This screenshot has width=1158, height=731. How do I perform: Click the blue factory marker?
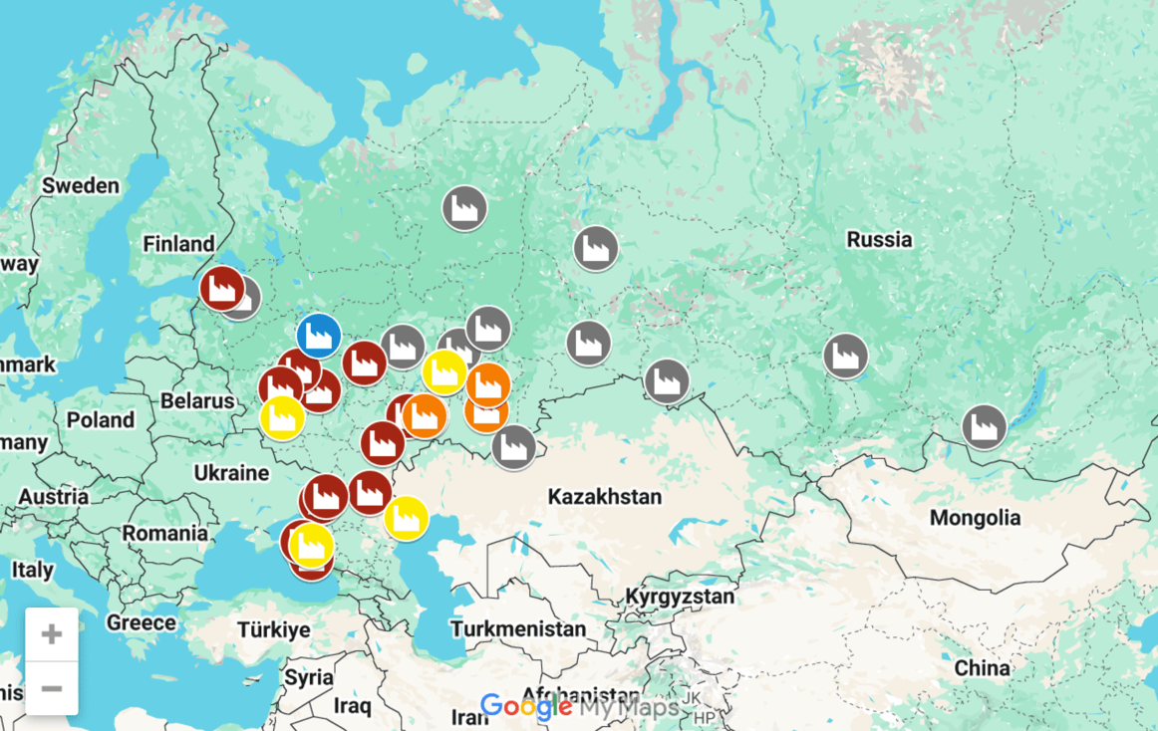pos(319,336)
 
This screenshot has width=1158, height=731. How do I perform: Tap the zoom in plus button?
pos(52,634)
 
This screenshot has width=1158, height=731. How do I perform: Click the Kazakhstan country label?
pos(604,496)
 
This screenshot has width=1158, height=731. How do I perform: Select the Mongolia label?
pos(975,518)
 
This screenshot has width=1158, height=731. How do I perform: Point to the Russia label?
pos(879,240)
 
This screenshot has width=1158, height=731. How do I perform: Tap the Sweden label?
pos(80,186)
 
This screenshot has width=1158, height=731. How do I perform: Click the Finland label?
pos(178,244)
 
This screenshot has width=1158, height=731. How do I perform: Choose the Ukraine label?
pos(231,472)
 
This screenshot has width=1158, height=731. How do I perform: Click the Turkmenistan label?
pos(518,629)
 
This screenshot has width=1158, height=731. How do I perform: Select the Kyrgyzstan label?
pos(680,598)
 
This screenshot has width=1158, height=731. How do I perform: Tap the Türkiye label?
pos(274,629)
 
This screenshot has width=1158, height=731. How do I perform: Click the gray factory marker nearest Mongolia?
pos(985,427)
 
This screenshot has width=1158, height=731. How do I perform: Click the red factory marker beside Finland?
pos(221,289)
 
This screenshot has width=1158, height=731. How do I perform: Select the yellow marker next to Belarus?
pos(282,417)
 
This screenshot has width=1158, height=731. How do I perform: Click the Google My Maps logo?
pos(579,707)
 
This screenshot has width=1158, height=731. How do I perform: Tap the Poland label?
pos(100,420)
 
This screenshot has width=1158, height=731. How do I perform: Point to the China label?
pos(982,668)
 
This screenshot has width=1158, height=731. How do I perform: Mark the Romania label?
pos(164,534)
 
